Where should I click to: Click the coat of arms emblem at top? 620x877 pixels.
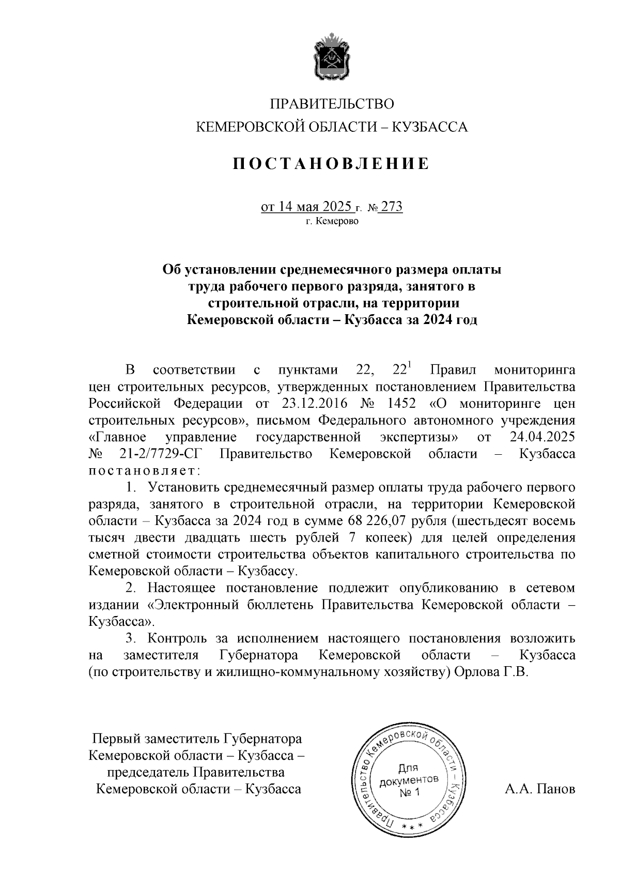(332, 57)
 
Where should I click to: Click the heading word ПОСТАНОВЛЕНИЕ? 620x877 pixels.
(332, 164)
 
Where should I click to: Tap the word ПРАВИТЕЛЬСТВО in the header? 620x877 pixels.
(332, 104)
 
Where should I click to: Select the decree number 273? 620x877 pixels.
(392, 207)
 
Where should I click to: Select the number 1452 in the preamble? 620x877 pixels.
(396, 403)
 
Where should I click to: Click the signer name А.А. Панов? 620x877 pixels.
(539, 789)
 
